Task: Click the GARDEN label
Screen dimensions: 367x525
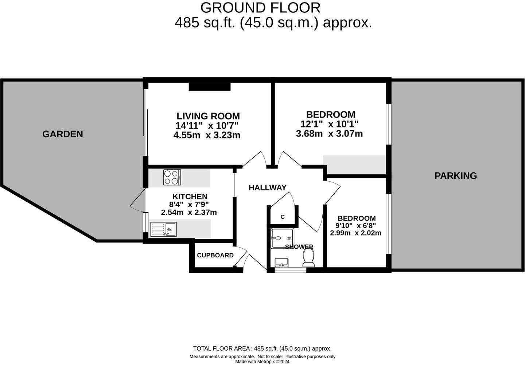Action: (63, 134)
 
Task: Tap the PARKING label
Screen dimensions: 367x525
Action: (455, 176)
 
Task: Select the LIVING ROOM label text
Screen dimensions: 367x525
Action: (208, 116)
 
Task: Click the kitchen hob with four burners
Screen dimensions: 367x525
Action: (172, 178)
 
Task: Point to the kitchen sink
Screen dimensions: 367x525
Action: (163, 229)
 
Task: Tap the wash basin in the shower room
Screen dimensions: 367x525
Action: (281, 262)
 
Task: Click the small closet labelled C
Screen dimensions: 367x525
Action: (283, 217)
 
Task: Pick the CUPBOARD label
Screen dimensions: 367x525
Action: (215, 255)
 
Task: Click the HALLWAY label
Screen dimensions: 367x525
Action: (267, 188)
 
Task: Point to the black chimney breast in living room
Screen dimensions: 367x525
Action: (210, 87)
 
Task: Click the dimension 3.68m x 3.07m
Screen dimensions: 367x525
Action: (329, 134)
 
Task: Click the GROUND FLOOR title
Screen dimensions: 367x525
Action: (260, 8)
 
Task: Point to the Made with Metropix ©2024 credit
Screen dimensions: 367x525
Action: (262, 362)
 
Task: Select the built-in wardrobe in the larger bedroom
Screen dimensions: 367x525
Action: (354, 165)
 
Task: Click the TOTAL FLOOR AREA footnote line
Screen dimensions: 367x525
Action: (262, 348)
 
